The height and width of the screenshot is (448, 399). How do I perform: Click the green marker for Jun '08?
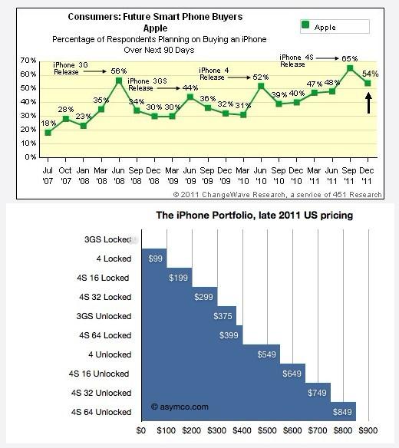pyautogui.click(x=119, y=81)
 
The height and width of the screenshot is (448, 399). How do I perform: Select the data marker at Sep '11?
pyautogui.click(x=350, y=68)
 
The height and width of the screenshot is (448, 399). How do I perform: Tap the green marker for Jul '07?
pyautogui.click(x=48, y=133)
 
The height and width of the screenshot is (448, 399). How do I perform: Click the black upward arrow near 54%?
pyautogui.click(x=369, y=103)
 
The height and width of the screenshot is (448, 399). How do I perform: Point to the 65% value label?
pyautogui.click(x=350, y=58)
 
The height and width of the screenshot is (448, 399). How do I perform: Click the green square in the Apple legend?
pyautogui.click(x=305, y=25)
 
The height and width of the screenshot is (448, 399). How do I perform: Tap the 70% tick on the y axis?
pyautogui.click(x=28, y=61)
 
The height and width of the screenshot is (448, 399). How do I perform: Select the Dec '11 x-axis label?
pyautogui.click(x=367, y=176)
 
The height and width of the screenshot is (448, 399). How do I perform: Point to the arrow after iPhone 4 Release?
pyautogui.click(x=239, y=77)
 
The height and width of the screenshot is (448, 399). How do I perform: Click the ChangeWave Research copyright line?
pyautogui.click(x=277, y=195)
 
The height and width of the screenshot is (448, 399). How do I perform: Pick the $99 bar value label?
pyautogui.click(x=155, y=259)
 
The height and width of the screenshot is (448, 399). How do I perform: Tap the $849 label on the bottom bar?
pyautogui.click(x=342, y=412)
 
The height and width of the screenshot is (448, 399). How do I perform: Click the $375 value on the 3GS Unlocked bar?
pyautogui.click(x=223, y=316)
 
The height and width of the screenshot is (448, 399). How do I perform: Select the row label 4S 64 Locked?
pyautogui.click(x=105, y=335)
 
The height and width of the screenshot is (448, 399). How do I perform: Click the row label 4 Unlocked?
pyautogui.click(x=110, y=354)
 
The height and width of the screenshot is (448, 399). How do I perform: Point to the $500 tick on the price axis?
pyautogui.click(x=267, y=430)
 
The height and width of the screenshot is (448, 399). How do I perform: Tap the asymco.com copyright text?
pyautogui.click(x=180, y=407)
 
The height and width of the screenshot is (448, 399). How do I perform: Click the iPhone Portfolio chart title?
pyautogui.click(x=255, y=215)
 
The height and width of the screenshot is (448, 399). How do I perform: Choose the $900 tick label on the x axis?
pyautogui.click(x=368, y=430)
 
